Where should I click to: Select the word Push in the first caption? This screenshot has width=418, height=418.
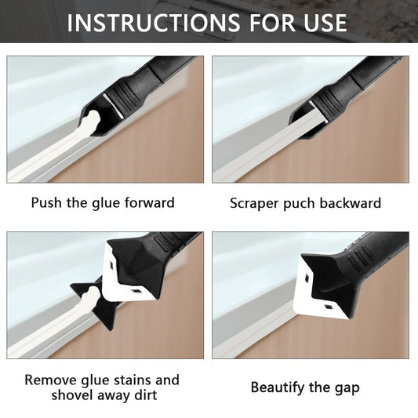(46, 202)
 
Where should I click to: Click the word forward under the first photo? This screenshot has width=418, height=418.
(150, 202)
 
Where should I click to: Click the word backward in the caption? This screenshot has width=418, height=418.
(350, 203)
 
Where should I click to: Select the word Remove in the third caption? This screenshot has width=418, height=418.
(51, 380)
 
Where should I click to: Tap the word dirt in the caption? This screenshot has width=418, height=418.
(146, 395)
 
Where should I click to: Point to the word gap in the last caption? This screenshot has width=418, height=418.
(347, 389)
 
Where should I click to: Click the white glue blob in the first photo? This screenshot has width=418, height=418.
(91, 119)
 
